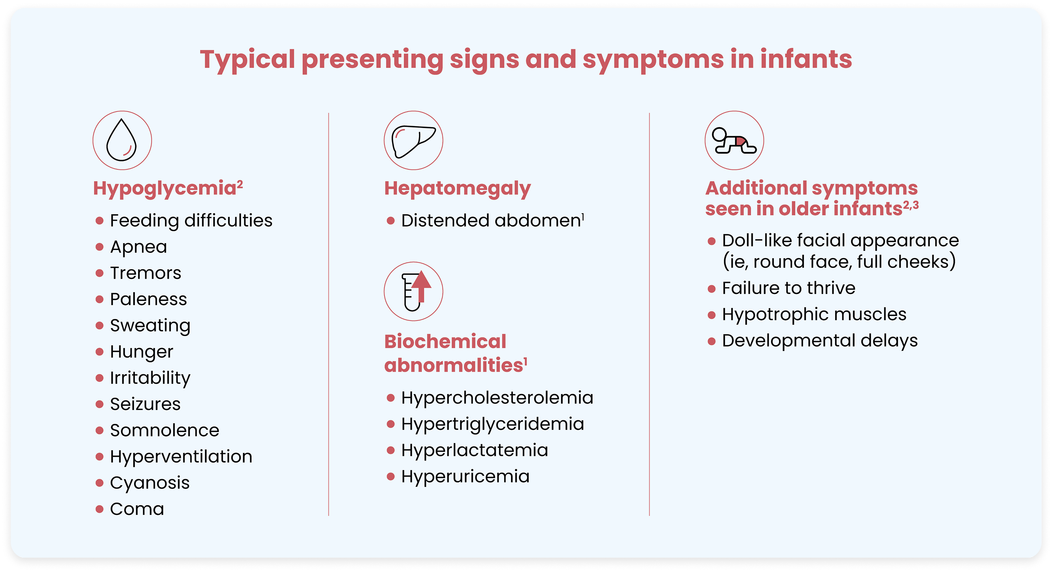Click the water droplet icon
point(122,140)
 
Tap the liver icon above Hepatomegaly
point(413,140)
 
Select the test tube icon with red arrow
point(413,292)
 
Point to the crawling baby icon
point(734,140)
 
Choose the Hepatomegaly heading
point(457,189)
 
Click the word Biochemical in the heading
point(445,341)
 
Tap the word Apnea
point(138,247)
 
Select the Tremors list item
point(145,273)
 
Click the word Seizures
point(145,404)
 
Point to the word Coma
point(137,509)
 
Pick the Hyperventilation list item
point(181,456)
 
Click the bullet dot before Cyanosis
point(99,483)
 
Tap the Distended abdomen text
point(491,220)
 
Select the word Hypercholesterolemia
point(497,398)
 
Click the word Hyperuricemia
point(465,476)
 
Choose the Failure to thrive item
point(788,288)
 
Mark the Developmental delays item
point(820,340)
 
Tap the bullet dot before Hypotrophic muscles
point(711,315)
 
